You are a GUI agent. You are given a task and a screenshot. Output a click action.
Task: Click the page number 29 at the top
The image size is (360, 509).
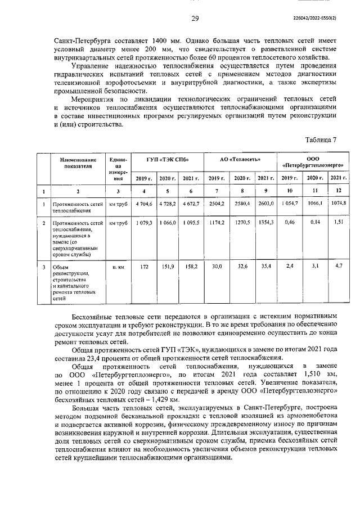195,19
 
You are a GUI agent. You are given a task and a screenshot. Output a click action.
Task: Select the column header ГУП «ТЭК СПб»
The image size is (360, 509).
167,159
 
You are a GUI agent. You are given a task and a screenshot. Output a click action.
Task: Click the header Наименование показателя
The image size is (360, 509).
78,163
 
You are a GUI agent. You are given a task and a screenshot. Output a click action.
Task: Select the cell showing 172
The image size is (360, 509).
143,266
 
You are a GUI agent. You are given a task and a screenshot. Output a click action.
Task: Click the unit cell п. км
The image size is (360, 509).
119,267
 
